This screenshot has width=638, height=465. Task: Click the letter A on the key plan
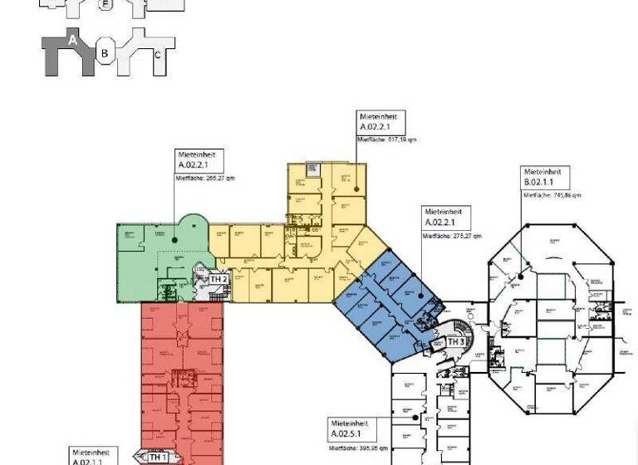[73, 40]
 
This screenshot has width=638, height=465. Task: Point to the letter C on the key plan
[158, 55]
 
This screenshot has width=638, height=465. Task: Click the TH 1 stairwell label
[158, 457]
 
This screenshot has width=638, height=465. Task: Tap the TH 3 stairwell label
[456, 342]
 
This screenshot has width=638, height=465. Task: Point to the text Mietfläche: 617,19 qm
[386, 139]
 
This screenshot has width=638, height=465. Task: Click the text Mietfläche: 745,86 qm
[552, 195]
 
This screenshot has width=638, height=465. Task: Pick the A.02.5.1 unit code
[350, 433]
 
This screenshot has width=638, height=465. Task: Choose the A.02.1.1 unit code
[88, 461]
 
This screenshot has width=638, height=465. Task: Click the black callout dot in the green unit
[175, 240]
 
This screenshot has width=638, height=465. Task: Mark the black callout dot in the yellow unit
[356, 190]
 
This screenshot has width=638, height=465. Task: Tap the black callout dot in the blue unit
[420, 295]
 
